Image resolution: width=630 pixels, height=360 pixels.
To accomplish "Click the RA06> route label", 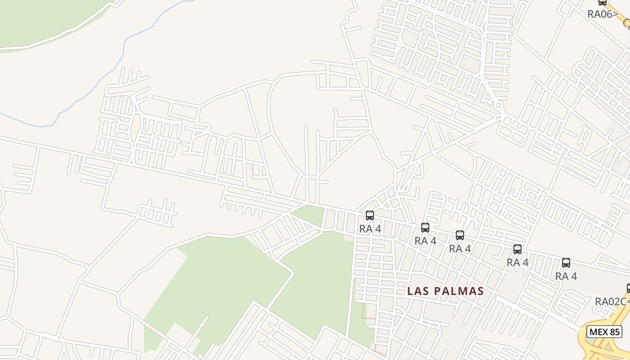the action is [603, 14].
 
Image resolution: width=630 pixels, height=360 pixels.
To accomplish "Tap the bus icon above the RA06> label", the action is [603, 3].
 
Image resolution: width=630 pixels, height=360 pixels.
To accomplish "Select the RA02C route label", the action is [611, 301].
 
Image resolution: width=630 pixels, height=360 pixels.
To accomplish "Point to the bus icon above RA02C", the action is [628, 288].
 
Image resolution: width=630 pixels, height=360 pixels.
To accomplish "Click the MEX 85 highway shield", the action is [604, 332].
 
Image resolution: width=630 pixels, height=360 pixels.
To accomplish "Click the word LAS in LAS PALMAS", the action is [417, 291].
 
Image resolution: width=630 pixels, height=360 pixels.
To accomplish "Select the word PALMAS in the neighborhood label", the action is [459, 291].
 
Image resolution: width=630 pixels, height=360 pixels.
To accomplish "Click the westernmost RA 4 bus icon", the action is [370, 216].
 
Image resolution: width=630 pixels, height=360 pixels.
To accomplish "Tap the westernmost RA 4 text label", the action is [370, 229].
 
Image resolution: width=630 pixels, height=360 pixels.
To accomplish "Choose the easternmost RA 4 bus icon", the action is [566, 263].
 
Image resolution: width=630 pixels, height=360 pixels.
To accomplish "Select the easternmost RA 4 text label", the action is [566, 276].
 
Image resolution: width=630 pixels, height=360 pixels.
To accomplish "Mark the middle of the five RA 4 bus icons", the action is [459, 235].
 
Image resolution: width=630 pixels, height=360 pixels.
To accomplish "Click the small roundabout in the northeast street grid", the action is [498, 106].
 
